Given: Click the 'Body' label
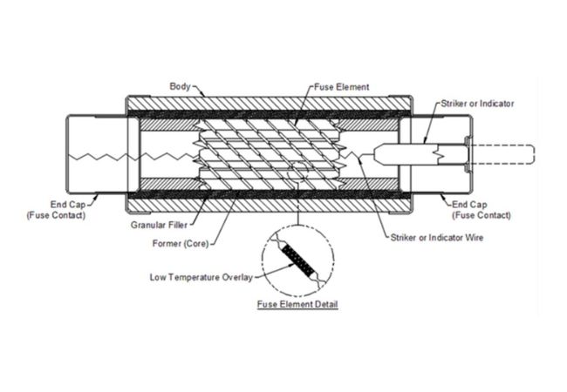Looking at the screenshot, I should click(x=180, y=87).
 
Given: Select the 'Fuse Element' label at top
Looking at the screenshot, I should click(x=344, y=87).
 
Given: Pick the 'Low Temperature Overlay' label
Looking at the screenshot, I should click(x=204, y=278).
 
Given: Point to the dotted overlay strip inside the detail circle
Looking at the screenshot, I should click(x=299, y=259).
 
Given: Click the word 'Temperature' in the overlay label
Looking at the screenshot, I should click(x=207, y=278).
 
